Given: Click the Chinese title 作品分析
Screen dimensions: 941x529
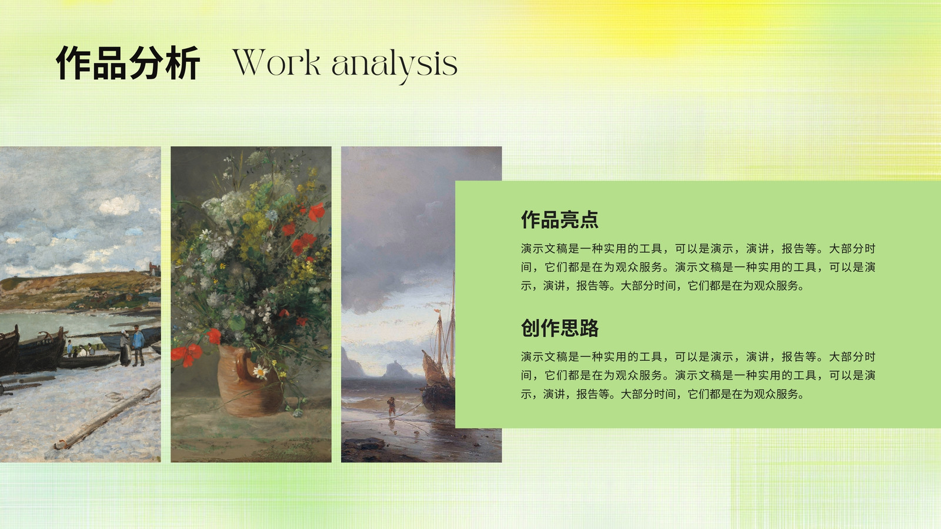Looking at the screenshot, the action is click(x=128, y=63).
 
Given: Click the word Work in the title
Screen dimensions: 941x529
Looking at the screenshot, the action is click(x=276, y=63).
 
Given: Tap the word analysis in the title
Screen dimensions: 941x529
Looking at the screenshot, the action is click(x=395, y=65).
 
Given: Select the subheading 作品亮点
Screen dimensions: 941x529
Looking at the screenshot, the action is click(x=559, y=219).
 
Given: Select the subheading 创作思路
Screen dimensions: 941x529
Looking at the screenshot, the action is click(x=559, y=327).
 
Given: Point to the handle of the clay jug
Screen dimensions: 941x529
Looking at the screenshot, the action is click(x=243, y=366).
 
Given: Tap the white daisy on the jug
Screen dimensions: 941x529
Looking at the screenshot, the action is click(x=261, y=371).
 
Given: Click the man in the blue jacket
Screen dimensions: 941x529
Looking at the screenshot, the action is click(x=138, y=345).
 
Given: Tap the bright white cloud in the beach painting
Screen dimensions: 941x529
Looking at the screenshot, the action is click(x=119, y=205).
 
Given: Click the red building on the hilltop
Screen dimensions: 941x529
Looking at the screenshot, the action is click(x=154, y=269).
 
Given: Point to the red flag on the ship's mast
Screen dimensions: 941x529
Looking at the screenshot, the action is click(x=437, y=312).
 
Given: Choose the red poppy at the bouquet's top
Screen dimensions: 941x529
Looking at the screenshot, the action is click(x=317, y=212).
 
